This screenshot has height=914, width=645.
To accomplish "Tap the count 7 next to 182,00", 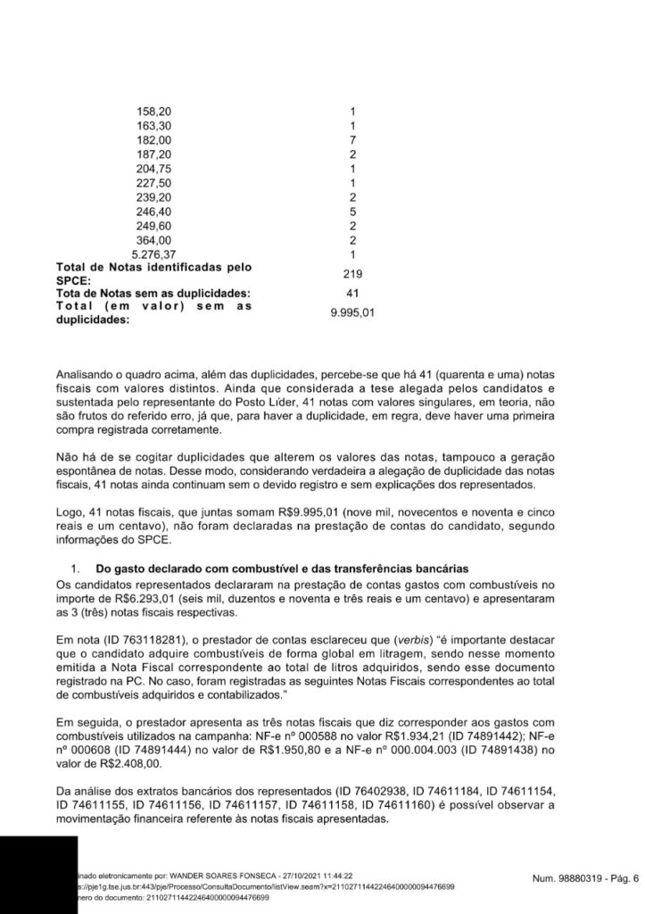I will click(x=353, y=140).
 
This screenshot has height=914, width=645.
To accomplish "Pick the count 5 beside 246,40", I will click(x=353, y=211).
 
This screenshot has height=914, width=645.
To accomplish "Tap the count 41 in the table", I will click(x=353, y=294).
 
